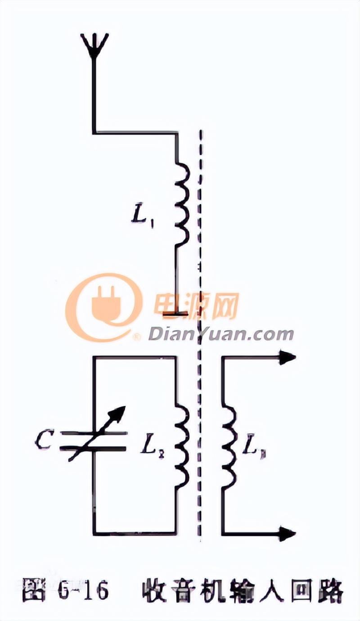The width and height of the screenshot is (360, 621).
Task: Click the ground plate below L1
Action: pyautogui.click(x=175, y=313)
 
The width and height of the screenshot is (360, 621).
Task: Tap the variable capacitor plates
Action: pyautogui.click(x=94, y=440)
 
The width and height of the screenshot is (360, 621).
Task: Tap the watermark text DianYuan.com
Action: pyautogui.click(x=220, y=334)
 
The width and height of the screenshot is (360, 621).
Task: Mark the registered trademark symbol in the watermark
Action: pyautogui.click(x=136, y=336)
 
